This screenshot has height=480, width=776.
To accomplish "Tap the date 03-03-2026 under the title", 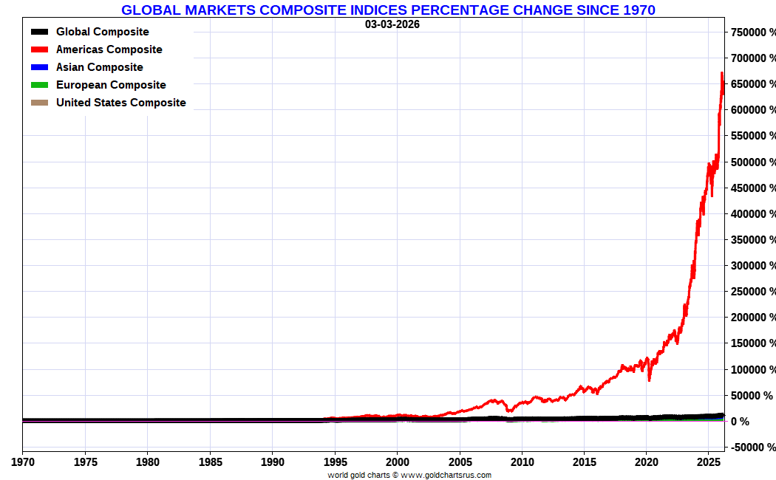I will tap(392, 24).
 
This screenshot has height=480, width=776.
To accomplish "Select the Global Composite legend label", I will tap(102, 32).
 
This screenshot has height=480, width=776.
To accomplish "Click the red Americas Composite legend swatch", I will tap(40, 49).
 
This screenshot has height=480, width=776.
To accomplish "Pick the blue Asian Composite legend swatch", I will tap(40, 67).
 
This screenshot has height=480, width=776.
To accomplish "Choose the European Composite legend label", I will tap(111, 85).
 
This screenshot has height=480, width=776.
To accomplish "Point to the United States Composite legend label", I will tap(120, 103).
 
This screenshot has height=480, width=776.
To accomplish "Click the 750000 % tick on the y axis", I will tap(753, 32).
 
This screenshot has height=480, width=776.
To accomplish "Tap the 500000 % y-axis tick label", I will tap(753, 162).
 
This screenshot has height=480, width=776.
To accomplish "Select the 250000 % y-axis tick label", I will tap(753, 292).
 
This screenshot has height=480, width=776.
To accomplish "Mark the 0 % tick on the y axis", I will tap(741, 422).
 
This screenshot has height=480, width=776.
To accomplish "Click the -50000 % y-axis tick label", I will tap(753, 448).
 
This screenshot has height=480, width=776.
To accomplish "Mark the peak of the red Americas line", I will tap(721, 73).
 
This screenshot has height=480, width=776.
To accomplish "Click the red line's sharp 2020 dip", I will tap(649, 380).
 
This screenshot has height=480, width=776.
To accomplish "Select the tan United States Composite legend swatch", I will tap(40, 103).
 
